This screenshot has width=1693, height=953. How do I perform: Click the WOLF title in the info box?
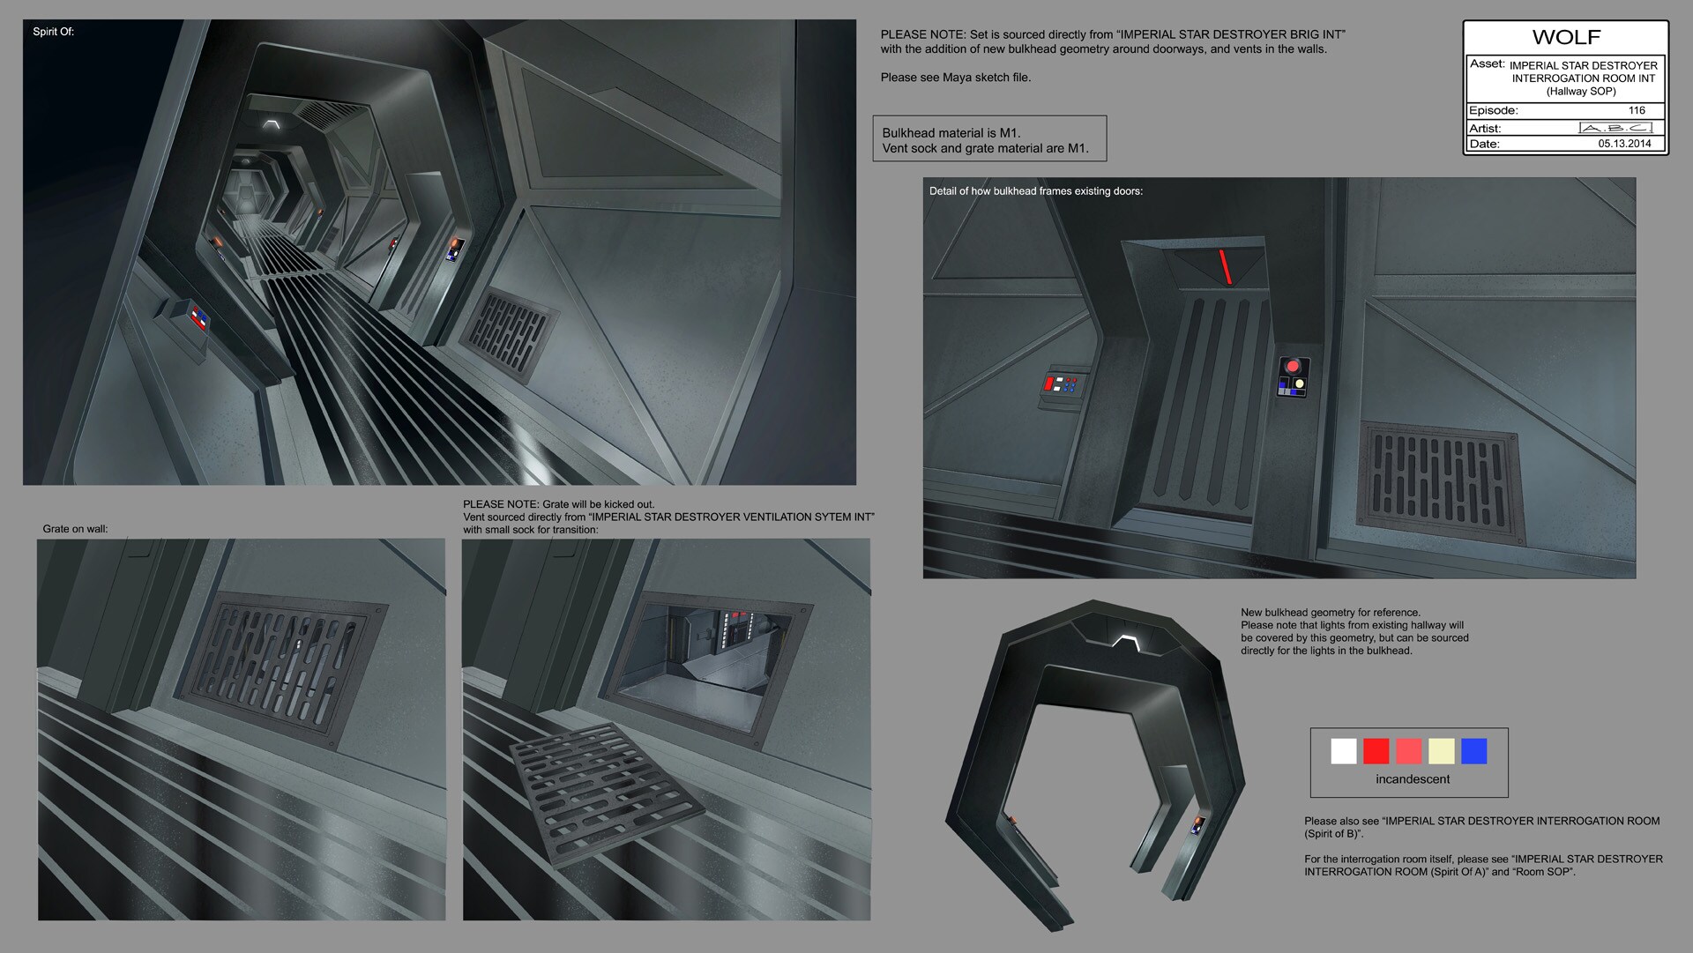coord(1566,37)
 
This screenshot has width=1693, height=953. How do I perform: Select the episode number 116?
coord(1637,110)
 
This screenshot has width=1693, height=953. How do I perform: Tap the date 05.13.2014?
coord(1624,144)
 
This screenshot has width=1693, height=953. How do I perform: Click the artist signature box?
coord(1615,128)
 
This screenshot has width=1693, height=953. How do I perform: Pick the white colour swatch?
coord(1343,751)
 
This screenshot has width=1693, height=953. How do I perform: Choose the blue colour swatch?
coord(1473,751)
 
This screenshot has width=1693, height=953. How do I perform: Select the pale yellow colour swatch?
coord(1441,751)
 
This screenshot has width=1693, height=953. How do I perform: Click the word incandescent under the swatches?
coord(1413,779)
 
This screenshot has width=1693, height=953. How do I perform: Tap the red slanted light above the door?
coord(1225,267)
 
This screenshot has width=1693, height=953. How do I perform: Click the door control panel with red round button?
coord(1293,376)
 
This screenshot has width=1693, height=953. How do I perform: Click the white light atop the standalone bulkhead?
coord(1124,643)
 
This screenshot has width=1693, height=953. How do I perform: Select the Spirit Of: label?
coord(53,32)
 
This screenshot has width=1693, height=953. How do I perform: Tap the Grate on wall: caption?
coord(75,529)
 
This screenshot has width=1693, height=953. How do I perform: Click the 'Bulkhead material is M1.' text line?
coord(951,133)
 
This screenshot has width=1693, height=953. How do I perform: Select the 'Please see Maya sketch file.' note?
coord(956,78)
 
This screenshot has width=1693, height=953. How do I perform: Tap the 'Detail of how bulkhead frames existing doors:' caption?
coord(1036,191)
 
